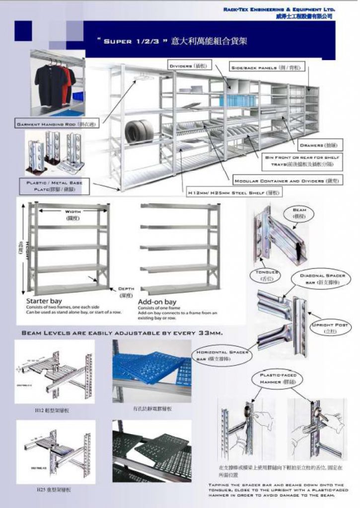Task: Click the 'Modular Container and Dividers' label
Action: pos(287,181)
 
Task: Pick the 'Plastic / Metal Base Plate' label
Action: pos(55,186)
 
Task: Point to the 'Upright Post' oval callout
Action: pos(330,327)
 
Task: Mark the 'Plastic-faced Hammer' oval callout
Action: pos(278,379)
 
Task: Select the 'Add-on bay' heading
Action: pos(157,302)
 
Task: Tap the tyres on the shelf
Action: pos(139,130)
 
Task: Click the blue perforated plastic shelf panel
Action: pos(151,366)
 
